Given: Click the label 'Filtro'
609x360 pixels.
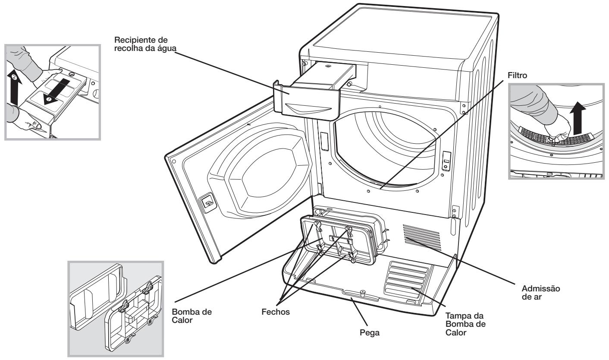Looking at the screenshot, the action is pos(517,76).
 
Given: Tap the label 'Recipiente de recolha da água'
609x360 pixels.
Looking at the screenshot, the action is pos(145,44).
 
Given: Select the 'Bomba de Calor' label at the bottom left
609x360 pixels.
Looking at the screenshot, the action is pos(191,316).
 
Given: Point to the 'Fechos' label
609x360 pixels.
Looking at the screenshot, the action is pos(276,312).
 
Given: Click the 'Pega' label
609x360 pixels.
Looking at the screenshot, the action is pos(370,333).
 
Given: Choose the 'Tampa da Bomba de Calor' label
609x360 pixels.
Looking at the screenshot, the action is pos(465,324).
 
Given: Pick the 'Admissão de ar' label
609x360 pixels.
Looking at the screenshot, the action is pos(541,293).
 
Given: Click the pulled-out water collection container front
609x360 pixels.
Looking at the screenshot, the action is pos(307,101).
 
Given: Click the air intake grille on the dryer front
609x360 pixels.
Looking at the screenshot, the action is pos(421,237).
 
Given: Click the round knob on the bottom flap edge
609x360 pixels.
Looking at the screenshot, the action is pos(362,293).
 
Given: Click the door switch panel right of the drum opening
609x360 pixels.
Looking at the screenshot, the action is pos(446,161).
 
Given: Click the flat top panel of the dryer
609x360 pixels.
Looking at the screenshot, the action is pos(402,37).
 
